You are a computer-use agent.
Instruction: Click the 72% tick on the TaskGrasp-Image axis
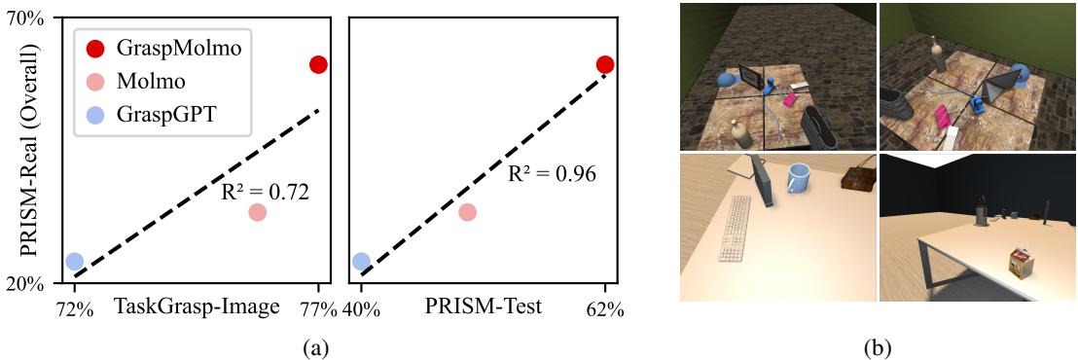(x=74, y=309)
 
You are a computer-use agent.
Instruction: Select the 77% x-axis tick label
(x=318, y=309)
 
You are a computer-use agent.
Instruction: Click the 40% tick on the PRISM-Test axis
(x=361, y=309)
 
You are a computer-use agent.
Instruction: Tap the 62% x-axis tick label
(x=604, y=309)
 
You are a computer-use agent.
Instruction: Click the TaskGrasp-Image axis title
(x=196, y=307)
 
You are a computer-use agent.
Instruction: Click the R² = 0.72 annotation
(x=266, y=192)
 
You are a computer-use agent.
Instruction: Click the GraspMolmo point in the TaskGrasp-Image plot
(x=318, y=64)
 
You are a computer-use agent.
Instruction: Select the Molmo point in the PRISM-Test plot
(x=467, y=212)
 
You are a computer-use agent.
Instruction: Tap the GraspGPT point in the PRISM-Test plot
(x=361, y=262)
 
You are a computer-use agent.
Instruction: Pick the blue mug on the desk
(x=799, y=180)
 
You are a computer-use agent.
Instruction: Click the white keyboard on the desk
(x=735, y=230)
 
